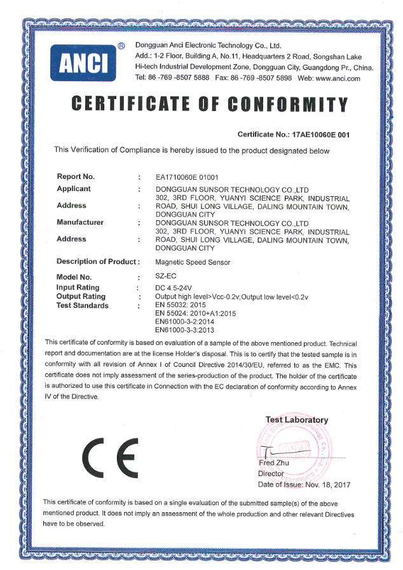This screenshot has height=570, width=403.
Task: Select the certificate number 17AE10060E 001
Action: pos(320,135)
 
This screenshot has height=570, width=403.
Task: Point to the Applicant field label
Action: pos(74,189)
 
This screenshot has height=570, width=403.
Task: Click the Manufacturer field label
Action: pos(80,222)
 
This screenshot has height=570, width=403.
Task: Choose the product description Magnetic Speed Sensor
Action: pos(193,262)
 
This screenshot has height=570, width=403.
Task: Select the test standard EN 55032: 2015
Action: pos(181,305)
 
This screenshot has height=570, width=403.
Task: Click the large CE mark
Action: pos(110,459)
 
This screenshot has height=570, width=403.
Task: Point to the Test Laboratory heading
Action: pos(297,420)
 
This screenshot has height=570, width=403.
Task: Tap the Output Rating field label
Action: pos(81,296)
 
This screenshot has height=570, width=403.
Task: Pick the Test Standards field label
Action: pos(83,305)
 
